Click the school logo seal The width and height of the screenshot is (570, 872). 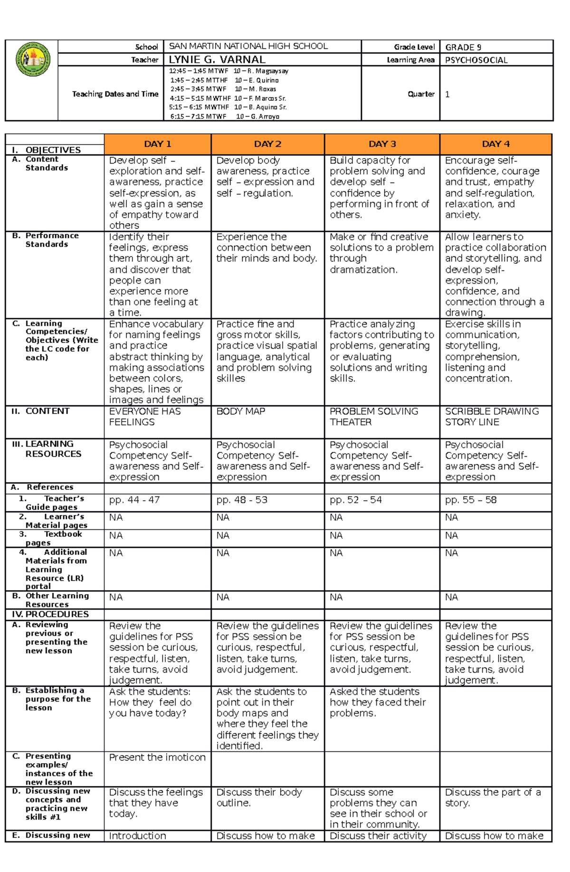click(x=33, y=59)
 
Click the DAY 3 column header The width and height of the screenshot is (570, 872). click(x=382, y=144)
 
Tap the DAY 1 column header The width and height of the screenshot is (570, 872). click(x=157, y=144)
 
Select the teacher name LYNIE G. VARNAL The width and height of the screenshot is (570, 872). click(x=217, y=60)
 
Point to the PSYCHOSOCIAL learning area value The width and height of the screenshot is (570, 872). click(x=476, y=60)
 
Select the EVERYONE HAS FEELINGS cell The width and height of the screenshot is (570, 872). click(x=144, y=417)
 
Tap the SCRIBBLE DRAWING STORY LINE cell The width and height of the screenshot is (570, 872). click(x=492, y=417)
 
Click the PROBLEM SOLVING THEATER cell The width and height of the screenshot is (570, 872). click(x=374, y=417)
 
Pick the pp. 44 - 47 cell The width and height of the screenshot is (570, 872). click(x=134, y=500)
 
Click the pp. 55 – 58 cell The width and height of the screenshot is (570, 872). click(x=471, y=500)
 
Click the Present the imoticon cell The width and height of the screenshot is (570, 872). click(x=157, y=757)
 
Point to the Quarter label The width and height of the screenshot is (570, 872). click(x=421, y=94)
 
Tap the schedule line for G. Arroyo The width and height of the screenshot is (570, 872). click(x=224, y=116)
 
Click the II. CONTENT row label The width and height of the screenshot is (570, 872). click(x=41, y=411)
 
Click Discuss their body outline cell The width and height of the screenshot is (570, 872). click(x=259, y=797)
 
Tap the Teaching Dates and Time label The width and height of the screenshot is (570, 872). click(x=115, y=94)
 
